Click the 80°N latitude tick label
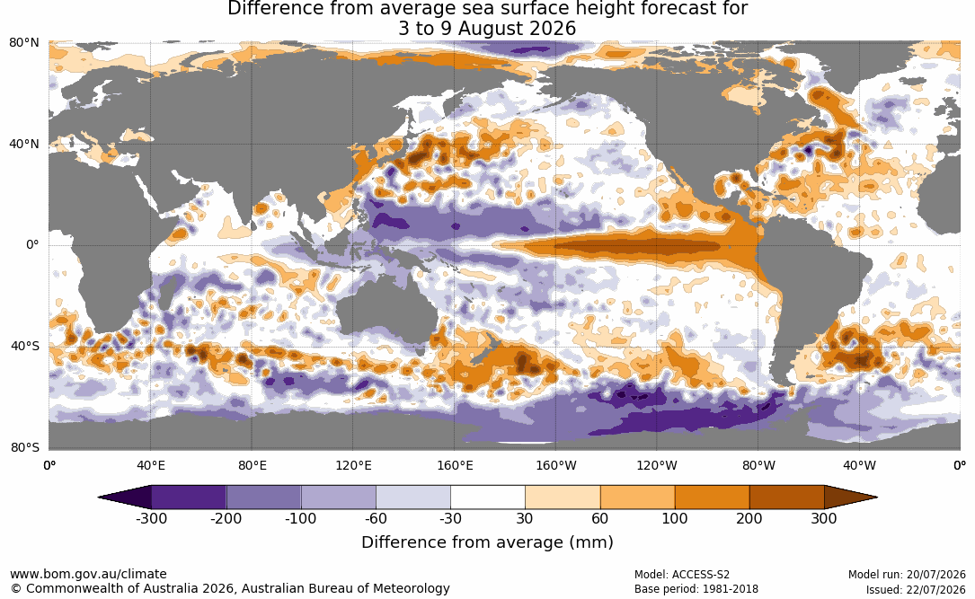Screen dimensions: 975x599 pos(24,43)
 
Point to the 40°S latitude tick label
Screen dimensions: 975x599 pos(25,346)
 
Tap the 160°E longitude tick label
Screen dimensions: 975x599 pos(455,465)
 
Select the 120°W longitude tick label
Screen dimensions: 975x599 pos(657,465)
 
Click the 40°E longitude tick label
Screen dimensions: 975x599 pos(150,465)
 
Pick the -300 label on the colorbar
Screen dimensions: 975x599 pos(151,518)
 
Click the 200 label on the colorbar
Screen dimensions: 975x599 pos(749,518)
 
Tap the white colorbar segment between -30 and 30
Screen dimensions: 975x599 pos(488,498)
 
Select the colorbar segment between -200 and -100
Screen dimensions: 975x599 pos(263,498)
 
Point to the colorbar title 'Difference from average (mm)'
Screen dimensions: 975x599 pos(487,542)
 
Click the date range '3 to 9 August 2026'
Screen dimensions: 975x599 pos(487,29)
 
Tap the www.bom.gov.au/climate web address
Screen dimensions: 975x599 pos(88,574)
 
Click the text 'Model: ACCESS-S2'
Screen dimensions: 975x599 pos(681,575)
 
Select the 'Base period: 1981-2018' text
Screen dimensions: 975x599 pos(696,589)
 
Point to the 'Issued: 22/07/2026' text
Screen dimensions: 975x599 pos(916,589)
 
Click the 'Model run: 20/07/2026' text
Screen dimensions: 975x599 pos(907,575)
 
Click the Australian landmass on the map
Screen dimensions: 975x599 pos(386,311)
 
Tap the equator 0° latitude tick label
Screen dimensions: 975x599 pos(32,245)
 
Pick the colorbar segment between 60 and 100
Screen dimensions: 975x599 pos(637,498)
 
